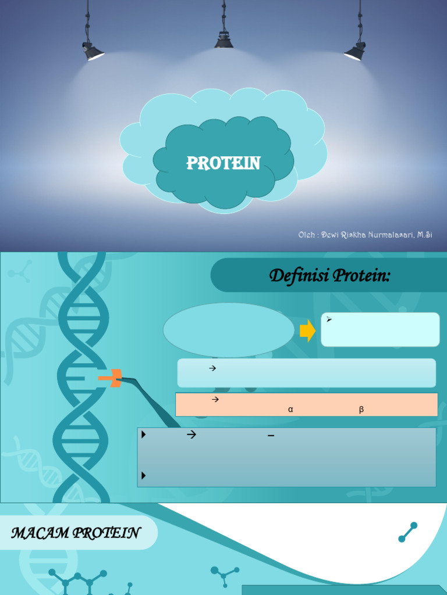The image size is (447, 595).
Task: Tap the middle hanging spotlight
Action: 223,40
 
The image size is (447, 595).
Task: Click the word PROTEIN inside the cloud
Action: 223,163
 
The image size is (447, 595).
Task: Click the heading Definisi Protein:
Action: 329,276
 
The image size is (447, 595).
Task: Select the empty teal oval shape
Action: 228,329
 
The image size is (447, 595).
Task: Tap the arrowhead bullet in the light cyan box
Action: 329,320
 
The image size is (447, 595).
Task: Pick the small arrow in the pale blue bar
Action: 212,368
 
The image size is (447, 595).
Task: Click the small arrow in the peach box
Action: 214,399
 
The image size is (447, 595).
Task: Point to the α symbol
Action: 290,410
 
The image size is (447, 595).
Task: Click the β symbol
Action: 361,410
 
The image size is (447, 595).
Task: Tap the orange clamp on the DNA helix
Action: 110,379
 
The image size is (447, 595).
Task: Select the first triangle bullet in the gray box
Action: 143,434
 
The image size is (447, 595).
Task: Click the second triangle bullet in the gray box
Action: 143,476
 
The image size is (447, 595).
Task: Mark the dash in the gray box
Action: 271,435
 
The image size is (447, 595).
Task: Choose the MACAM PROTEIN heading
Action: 75,533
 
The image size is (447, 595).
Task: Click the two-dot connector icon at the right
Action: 408,532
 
